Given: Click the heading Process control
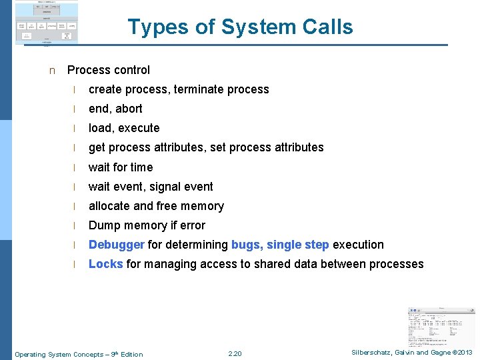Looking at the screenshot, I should click(109, 70).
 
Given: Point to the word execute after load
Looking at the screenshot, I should click(139, 128).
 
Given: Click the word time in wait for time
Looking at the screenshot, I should click(141, 167).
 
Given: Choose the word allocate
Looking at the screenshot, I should click(109, 206).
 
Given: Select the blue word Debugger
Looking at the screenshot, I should click(117, 245).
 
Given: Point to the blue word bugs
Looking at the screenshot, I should click(246, 245).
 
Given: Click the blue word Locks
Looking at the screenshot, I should click(105, 264).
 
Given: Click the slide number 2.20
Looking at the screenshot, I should click(235, 353).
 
